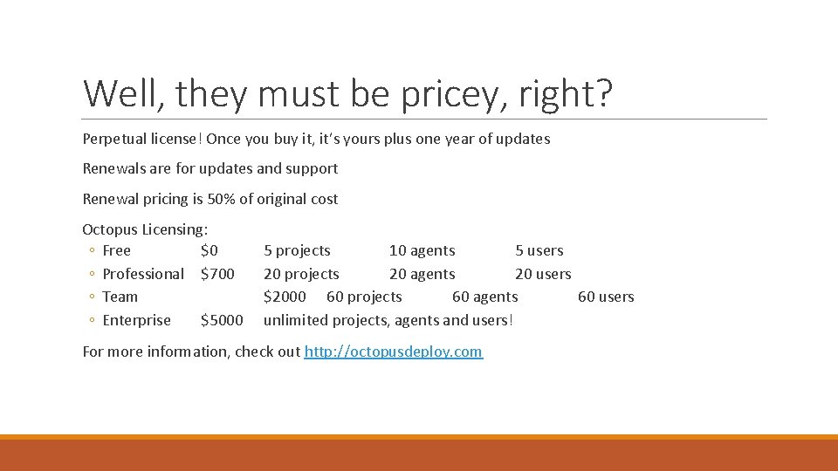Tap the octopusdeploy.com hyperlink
pos(393,352)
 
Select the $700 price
pos(217,274)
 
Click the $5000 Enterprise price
pos(222,320)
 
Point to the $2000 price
pos(285,297)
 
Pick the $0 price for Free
pos(209,250)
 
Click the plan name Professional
pos(143,274)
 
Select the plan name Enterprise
pos(137,320)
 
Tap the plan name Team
pos(120,297)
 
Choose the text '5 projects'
pos(297,250)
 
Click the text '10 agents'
pos(422,250)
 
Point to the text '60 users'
pos(606,297)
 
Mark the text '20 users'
pos(543,274)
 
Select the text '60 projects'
pos(364,297)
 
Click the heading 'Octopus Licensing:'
pos(145,229)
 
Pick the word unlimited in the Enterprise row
pos(294,320)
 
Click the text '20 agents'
pos(422,274)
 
